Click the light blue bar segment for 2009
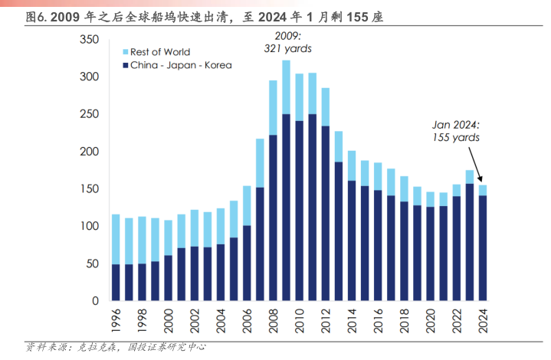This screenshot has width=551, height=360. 286,87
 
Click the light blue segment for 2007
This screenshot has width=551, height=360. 260,163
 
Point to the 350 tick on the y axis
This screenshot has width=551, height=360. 88,40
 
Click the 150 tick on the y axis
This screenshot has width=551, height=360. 88,189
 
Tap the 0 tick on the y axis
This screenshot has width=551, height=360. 94,301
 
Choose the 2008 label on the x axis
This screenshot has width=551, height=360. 274,320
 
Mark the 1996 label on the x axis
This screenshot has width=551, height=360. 116,320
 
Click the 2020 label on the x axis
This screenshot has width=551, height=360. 431,320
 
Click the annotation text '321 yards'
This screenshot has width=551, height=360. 288,48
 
